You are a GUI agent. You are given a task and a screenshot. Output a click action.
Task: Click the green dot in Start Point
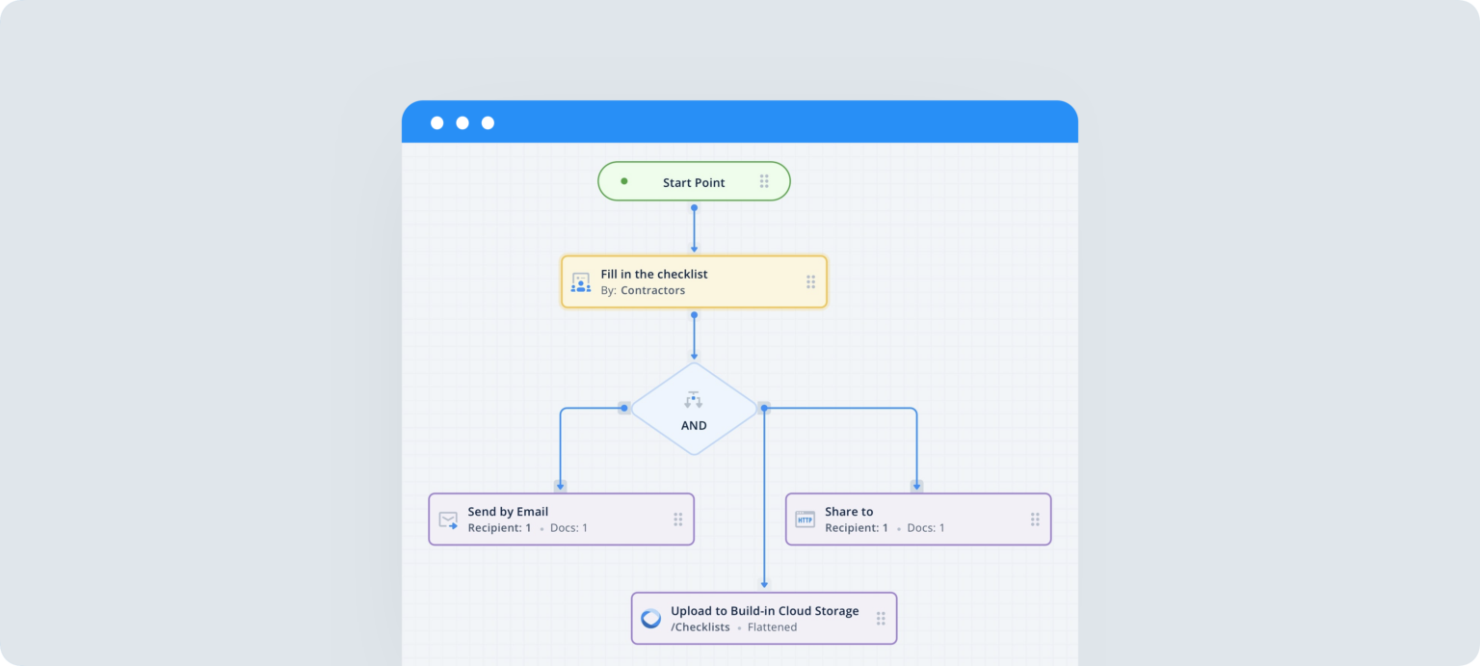[623, 181]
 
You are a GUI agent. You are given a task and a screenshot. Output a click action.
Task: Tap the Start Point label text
[694, 182]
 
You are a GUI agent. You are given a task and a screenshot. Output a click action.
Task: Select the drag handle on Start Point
[764, 181]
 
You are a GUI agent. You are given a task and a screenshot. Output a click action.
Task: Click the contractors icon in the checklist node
[580, 282]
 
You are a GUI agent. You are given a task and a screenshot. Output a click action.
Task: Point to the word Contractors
[652, 290]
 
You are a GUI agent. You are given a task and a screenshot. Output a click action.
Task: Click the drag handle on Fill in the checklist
[810, 281]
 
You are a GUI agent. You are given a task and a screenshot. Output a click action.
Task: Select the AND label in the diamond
[694, 425]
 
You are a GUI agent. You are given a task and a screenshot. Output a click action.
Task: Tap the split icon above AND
[694, 399]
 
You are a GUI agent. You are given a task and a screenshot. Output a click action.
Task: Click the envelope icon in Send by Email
[448, 519]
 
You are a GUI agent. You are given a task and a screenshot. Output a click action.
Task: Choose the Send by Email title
[508, 512]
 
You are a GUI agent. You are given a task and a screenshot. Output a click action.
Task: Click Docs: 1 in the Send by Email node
[568, 528]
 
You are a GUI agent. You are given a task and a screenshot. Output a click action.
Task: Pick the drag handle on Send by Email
[677, 519]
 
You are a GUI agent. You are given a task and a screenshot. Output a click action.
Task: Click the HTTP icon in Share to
[805, 519]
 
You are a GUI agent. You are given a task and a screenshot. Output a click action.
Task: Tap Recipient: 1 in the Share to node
[857, 528]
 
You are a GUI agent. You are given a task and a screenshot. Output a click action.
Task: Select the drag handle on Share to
[1035, 519]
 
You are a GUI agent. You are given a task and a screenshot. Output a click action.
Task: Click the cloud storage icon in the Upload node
[651, 619]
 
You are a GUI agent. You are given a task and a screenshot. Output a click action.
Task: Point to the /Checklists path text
[700, 627]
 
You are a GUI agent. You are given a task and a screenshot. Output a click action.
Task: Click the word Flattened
[772, 627]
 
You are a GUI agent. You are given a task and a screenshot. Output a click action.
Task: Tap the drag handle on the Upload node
[881, 619]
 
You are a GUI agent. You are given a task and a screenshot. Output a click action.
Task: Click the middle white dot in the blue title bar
[462, 122]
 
